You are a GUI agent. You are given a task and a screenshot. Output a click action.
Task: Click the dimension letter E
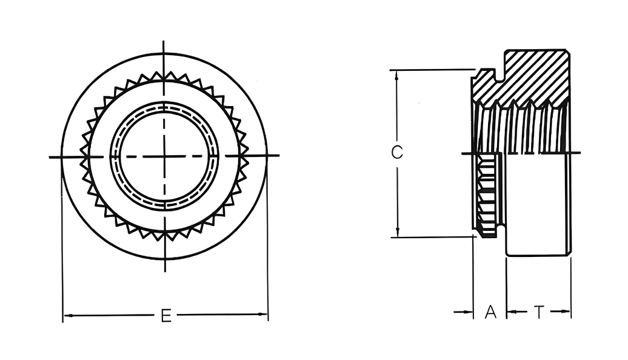(166, 316)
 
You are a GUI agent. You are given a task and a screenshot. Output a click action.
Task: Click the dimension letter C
(396, 152)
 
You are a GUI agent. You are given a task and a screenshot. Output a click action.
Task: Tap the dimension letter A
(490, 312)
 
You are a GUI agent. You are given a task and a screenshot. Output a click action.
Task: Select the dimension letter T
(539, 312)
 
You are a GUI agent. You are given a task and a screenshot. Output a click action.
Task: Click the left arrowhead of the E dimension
(68, 316)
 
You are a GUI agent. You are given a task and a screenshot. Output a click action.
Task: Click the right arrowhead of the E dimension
(262, 315)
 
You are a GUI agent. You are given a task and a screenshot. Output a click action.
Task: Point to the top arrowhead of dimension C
(396, 75)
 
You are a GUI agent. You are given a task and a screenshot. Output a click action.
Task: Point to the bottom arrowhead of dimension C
(397, 232)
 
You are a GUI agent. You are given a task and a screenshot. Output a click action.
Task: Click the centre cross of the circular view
(164, 156)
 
